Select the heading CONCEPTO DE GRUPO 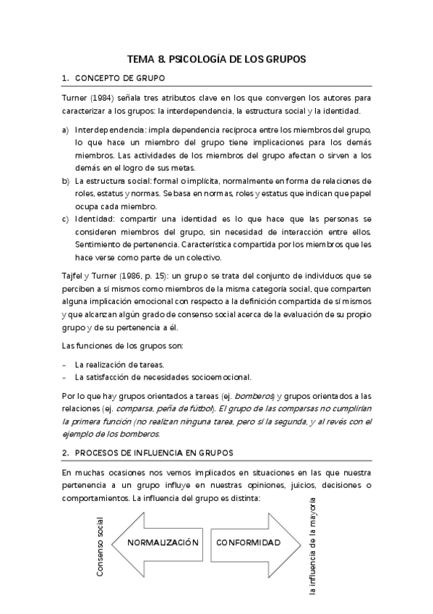pos(119,77)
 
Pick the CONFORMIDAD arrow pos(249,542)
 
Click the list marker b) pos(66,180)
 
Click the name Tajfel pos(74,276)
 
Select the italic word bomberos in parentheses pos(257,396)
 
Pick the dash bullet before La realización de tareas pos(65,364)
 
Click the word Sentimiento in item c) pos(100,245)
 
